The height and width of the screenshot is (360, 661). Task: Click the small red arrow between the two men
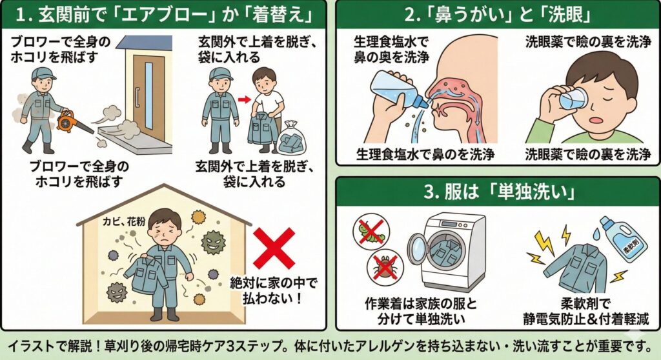(x=244, y=99)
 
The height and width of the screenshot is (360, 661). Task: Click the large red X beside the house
(x=274, y=248)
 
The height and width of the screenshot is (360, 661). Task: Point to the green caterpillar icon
(x=370, y=232)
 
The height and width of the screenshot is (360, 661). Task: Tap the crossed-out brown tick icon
(x=385, y=266)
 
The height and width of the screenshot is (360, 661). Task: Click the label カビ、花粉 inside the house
(x=124, y=221)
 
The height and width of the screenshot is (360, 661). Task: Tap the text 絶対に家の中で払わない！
(x=273, y=290)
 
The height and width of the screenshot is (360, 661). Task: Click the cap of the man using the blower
(x=43, y=74)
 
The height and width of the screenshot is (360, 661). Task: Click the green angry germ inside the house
(x=213, y=242)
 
